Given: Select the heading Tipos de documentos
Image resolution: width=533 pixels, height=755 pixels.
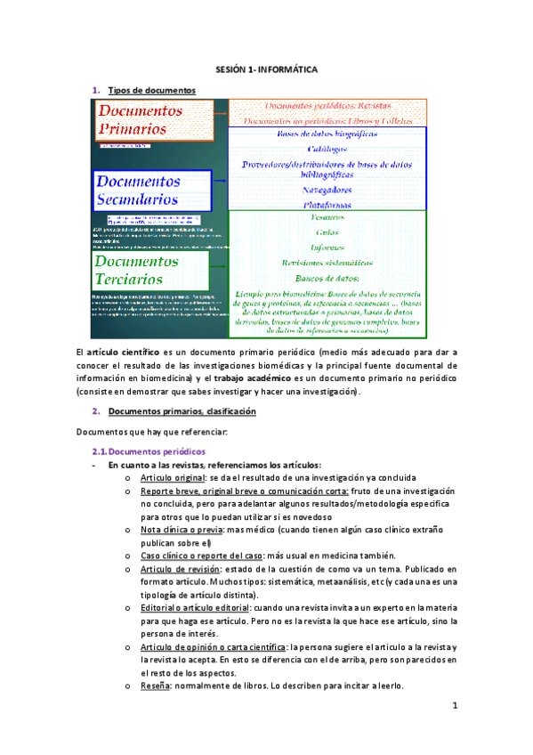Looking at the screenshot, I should [146, 91].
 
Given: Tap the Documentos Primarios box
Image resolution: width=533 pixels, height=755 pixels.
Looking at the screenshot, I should [153, 120].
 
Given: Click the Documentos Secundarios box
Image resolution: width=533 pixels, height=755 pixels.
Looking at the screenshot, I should [153, 191].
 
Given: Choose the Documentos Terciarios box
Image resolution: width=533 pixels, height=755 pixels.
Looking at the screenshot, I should [149, 271].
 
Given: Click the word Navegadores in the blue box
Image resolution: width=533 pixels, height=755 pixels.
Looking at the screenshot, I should [327, 190].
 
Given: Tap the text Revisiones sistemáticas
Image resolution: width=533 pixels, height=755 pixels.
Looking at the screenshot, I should [327, 264].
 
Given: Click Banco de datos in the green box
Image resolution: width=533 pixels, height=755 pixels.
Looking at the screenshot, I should [327, 280].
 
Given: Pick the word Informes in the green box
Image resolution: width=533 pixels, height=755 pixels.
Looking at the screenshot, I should [327, 248].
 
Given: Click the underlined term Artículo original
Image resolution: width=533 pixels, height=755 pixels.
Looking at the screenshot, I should [169, 478].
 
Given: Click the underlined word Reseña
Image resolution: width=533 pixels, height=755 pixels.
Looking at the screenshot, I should [157, 686].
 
